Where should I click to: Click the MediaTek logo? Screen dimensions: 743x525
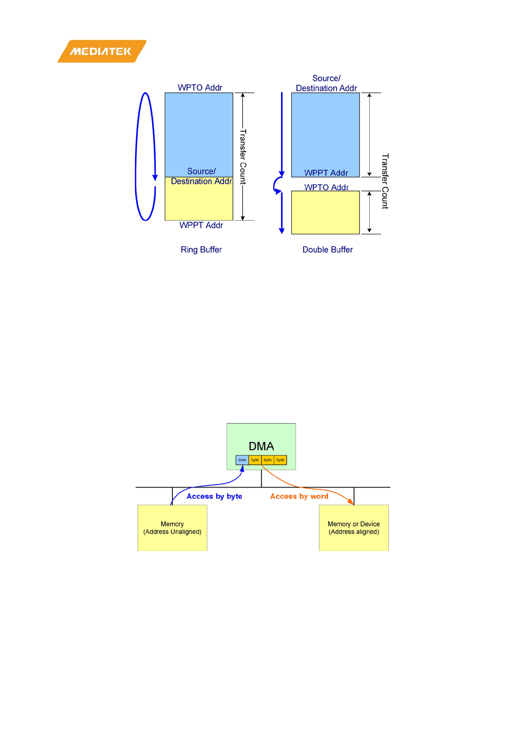pos(101,51)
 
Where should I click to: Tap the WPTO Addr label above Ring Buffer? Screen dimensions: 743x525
pos(200,87)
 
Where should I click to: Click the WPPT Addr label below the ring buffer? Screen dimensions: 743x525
pos(201,225)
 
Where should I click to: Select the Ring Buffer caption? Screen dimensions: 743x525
pos(201,250)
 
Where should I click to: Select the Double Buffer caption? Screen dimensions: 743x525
pos(327,250)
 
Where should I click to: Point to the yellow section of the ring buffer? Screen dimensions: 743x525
pos(199,203)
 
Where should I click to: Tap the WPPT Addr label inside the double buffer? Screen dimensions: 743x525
pos(326,173)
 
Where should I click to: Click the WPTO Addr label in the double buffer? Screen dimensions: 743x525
pos(326,187)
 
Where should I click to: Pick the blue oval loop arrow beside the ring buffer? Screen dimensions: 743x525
pos(137,157)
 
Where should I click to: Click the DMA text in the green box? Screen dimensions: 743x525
pos(261,446)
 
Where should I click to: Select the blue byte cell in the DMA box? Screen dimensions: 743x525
pos(242,460)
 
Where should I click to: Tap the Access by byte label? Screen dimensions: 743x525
pos(214,496)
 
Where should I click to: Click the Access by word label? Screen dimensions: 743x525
pos(299,496)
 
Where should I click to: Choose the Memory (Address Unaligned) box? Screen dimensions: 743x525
pos(172,528)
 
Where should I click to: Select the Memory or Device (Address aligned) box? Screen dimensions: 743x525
pos(354,528)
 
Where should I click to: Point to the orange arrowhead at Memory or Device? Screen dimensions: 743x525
pos(351,502)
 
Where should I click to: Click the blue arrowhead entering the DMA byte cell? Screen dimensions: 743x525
pos(242,469)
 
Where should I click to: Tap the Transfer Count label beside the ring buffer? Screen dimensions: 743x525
pos(243,157)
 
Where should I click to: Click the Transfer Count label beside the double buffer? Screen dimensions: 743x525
pos(385,181)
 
